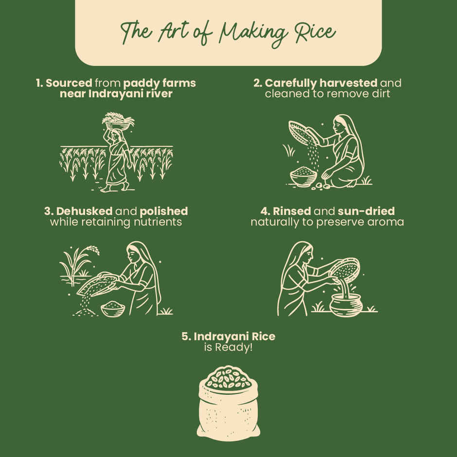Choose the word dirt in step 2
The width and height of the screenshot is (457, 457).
coord(378,93)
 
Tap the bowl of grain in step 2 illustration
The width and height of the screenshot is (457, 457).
coord(303,176)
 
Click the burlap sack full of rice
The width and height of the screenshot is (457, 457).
coord(228,404)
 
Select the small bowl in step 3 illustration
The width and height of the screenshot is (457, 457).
coord(113,309)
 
